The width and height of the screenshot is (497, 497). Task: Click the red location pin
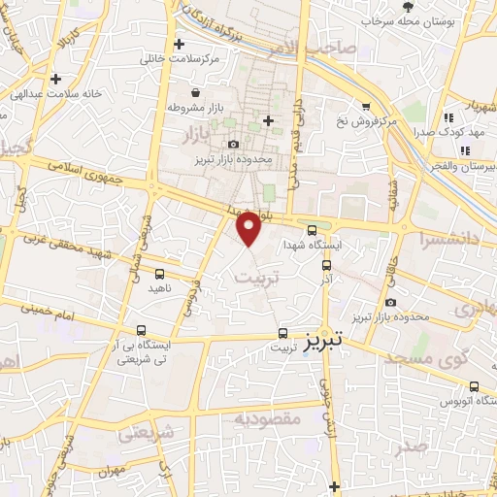pyautogui.click(x=250, y=228)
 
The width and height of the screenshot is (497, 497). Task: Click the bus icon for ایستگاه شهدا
pyautogui.click(x=312, y=230)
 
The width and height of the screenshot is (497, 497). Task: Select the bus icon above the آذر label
pyautogui.click(x=326, y=263)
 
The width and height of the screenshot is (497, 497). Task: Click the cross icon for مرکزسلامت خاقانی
pyautogui.click(x=179, y=44)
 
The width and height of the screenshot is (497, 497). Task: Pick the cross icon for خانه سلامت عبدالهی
pyautogui.click(x=56, y=80)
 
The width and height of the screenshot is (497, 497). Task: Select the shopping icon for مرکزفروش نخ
pyautogui.click(x=366, y=107)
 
